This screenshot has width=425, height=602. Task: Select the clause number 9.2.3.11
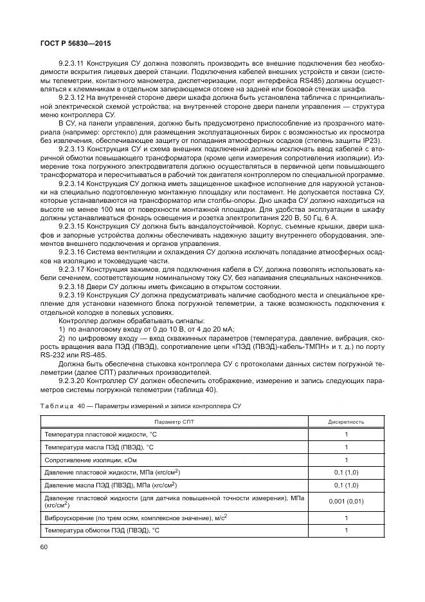tap(72, 64)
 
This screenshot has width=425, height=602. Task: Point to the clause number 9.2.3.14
tap(72, 183)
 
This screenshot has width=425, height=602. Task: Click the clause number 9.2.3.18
tap(72, 285)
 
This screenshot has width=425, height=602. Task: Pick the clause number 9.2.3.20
tap(72, 380)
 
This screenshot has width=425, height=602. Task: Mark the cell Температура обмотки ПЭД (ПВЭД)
tap(100, 530)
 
